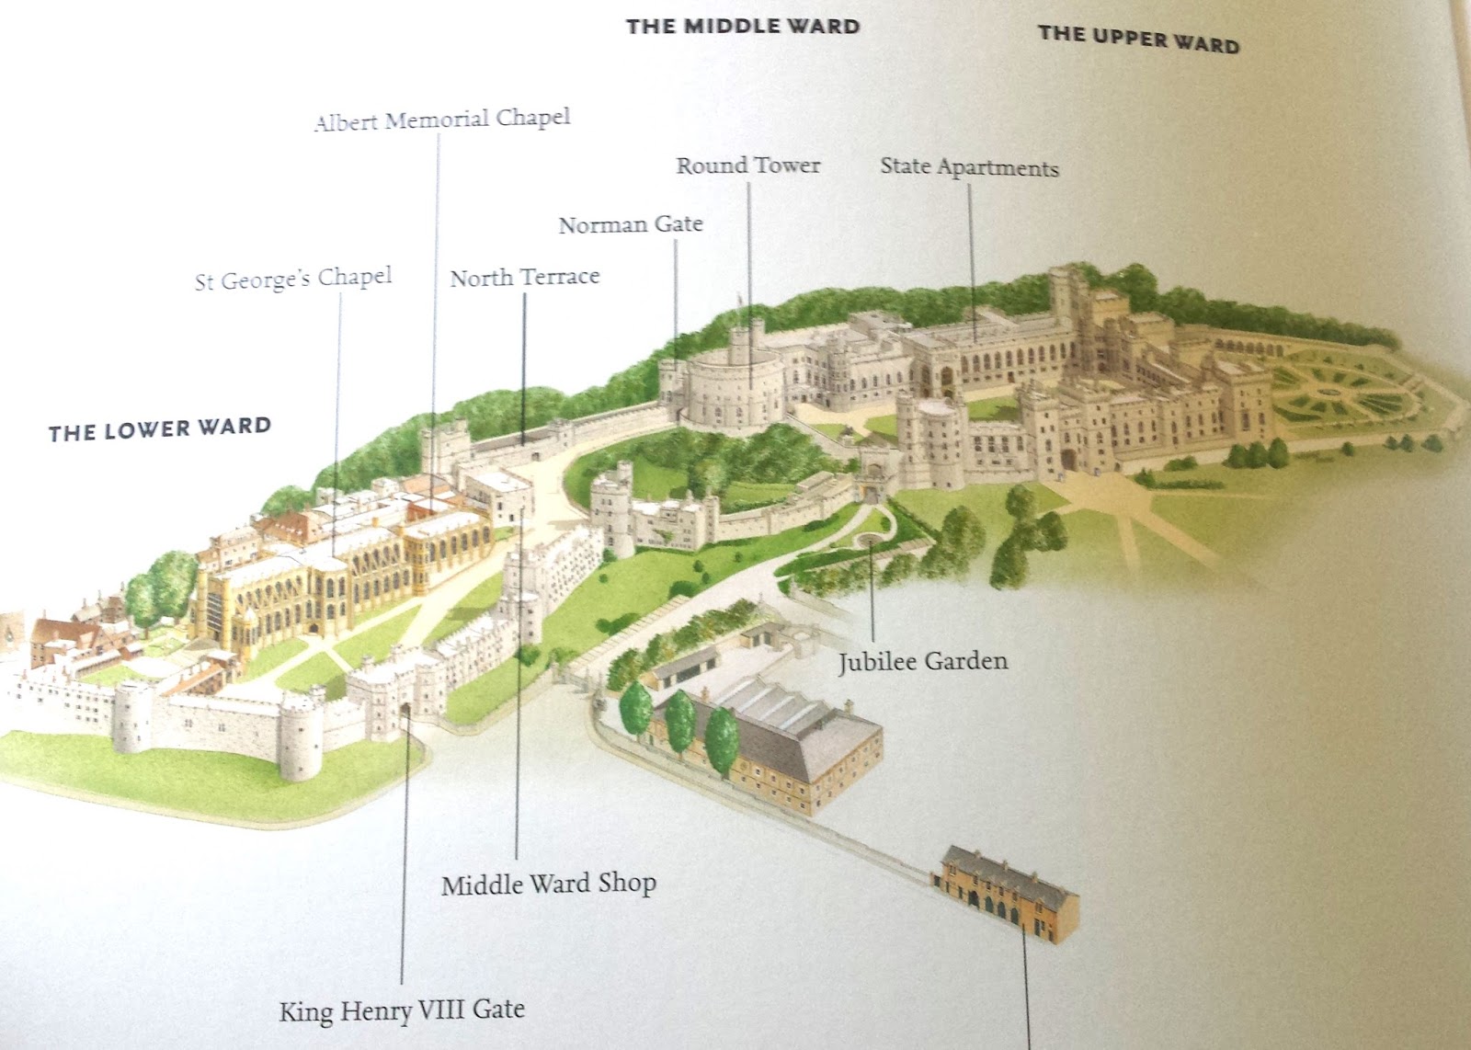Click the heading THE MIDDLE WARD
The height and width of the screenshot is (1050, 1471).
[x=743, y=26]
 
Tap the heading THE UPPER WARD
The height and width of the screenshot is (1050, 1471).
[x=1138, y=39]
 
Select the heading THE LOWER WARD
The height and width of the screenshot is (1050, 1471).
[x=160, y=429]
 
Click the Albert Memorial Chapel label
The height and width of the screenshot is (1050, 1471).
[x=441, y=120]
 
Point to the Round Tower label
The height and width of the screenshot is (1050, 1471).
[x=748, y=165]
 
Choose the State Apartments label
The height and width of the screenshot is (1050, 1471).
[x=969, y=166]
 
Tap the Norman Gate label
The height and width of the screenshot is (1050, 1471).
[x=631, y=224]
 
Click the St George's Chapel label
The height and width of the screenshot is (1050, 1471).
[x=293, y=279]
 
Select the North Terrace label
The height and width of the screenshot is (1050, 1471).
[x=524, y=277]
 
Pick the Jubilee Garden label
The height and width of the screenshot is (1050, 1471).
[x=922, y=661]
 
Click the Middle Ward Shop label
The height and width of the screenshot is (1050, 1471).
[x=549, y=884]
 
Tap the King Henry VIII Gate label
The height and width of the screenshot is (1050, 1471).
[x=402, y=1010]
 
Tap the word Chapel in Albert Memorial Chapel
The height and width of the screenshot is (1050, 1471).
[x=533, y=118]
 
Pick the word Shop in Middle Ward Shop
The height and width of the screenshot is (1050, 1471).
[x=627, y=883]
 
